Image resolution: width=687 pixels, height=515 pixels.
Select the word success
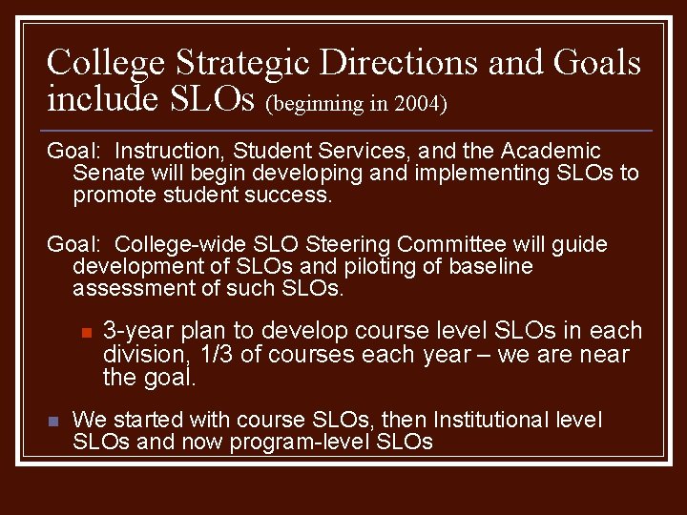click(x=289, y=196)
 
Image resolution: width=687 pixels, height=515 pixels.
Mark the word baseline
click(x=488, y=267)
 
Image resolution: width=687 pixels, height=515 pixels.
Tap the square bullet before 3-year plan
click(x=85, y=333)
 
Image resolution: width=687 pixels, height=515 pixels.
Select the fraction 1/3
click(x=216, y=356)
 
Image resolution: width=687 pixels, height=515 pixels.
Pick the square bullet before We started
click(x=53, y=421)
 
